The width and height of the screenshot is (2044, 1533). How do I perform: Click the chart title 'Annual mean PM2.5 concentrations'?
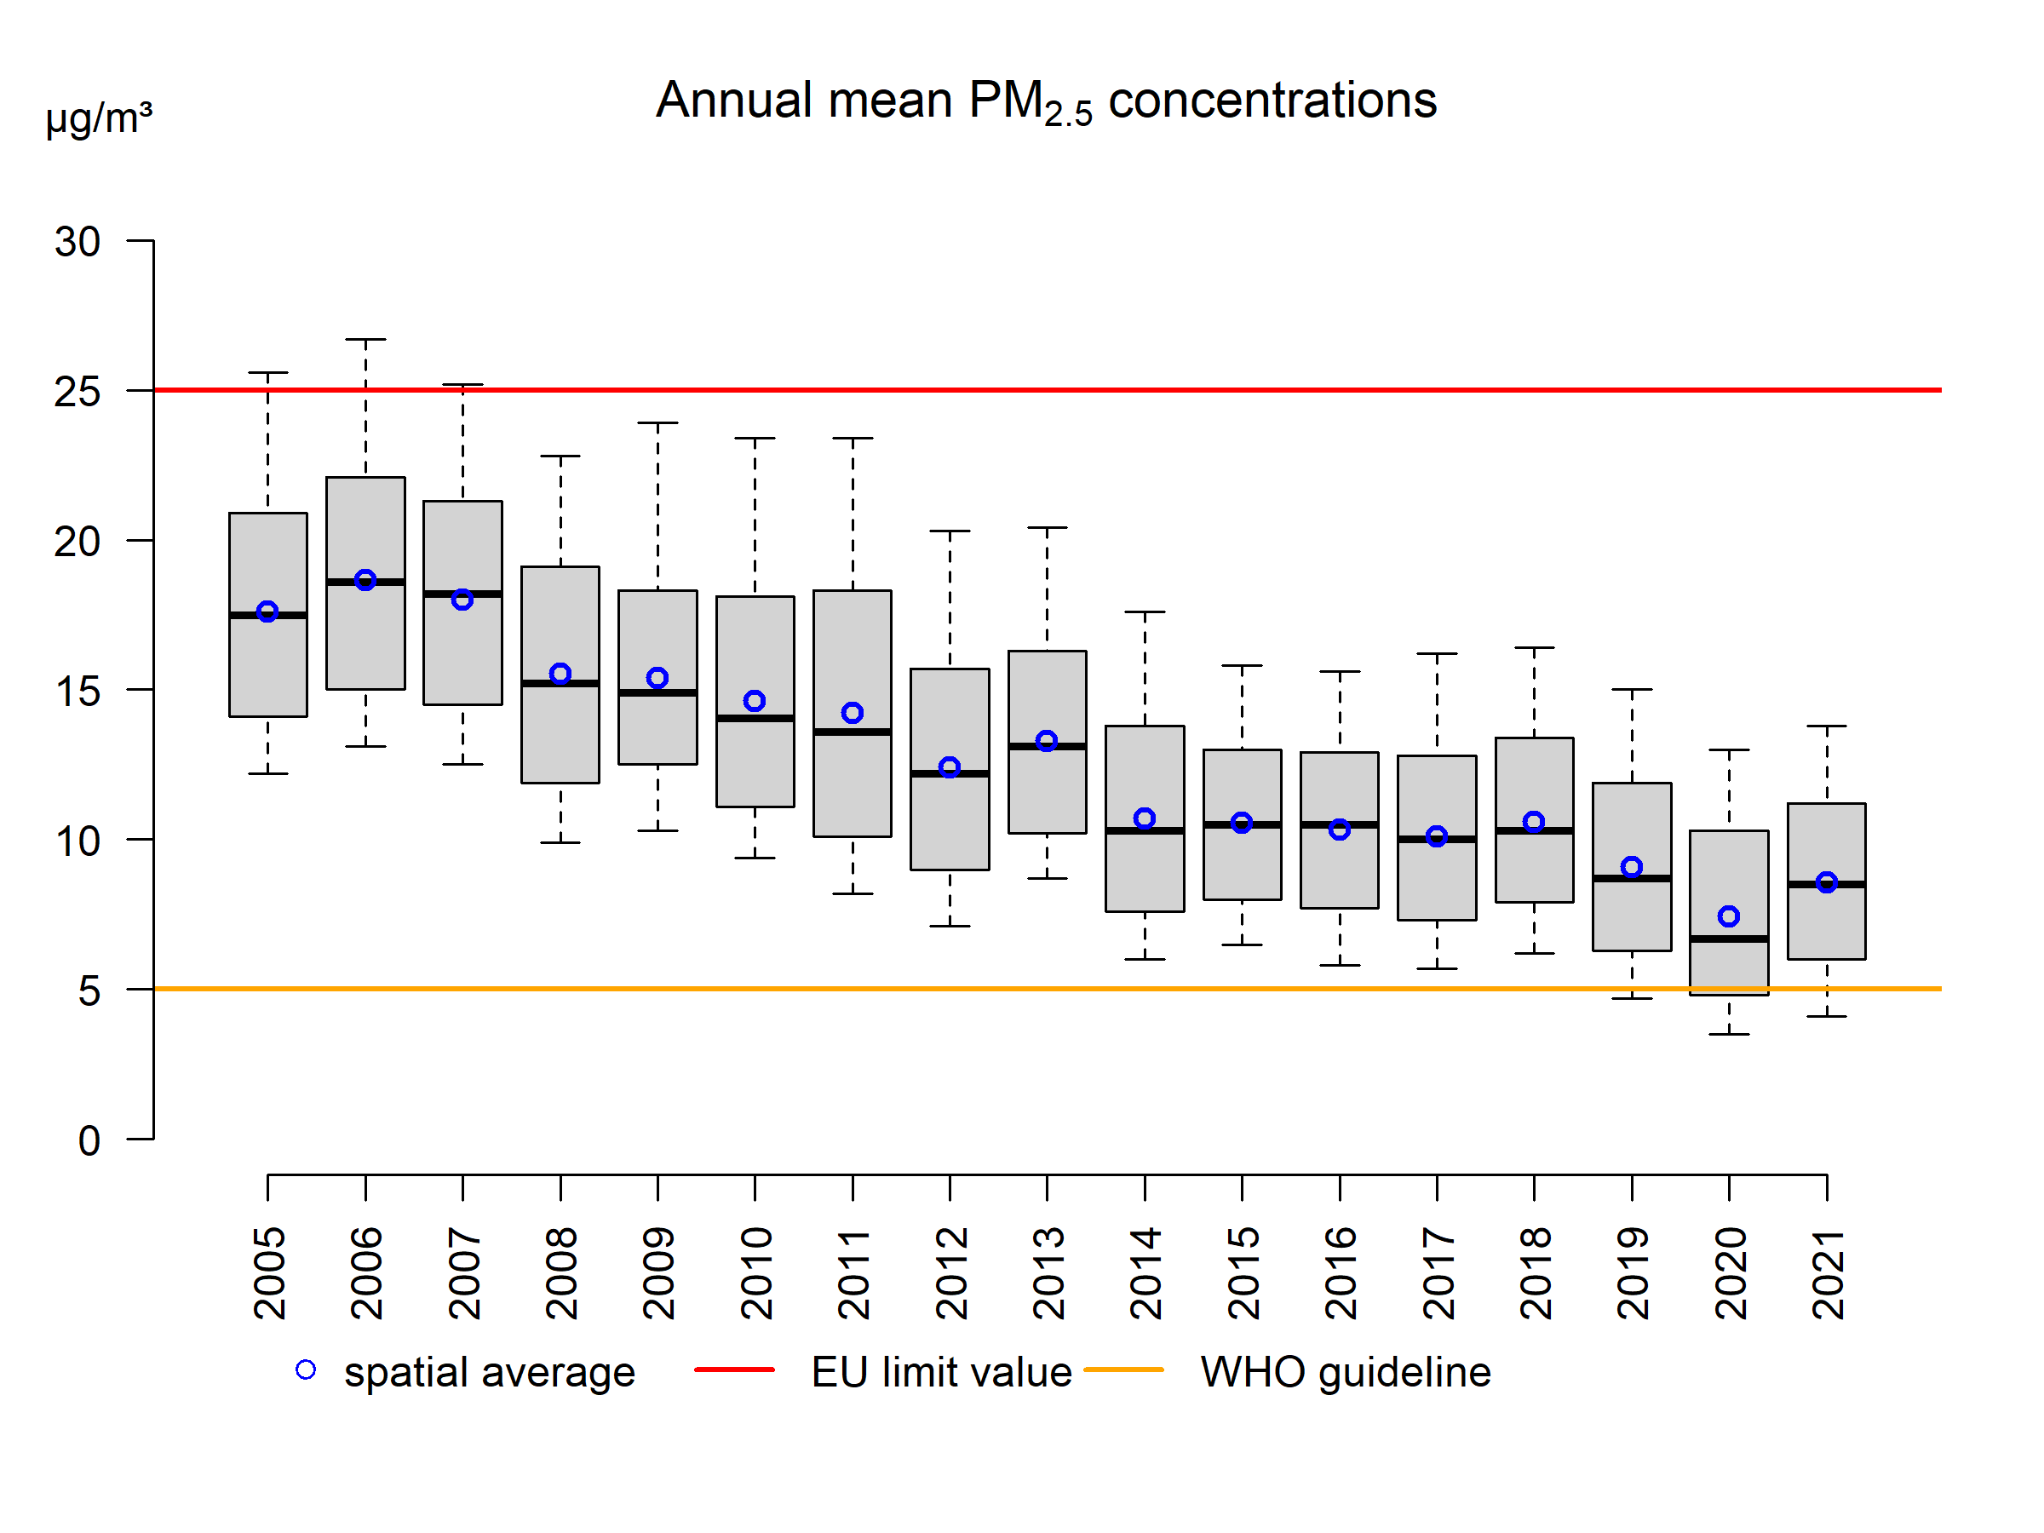[x=1045, y=100]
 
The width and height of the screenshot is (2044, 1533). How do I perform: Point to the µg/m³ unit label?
[x=99, y=118]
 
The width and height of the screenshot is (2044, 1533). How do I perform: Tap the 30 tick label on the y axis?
[x=78, y=242]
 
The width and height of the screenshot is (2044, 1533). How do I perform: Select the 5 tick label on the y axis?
[x=89, y=991]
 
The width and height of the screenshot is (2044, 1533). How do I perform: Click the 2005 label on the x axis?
[x=269, y=1272]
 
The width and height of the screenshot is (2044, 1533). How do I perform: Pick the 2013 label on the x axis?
[x=1048, y=1272]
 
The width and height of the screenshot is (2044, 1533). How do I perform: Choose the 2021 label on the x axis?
[x=1828, y=1272]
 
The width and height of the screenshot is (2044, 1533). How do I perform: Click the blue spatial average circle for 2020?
[x=1729, y=916]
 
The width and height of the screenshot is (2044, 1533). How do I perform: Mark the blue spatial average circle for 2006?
[x=365, y=580]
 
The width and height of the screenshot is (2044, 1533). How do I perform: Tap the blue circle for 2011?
[x=852, y=713]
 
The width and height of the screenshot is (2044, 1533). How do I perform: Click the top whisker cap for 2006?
[x=365, y=339]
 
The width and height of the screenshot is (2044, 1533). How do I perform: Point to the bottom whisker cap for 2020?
[x=1729, y=1034]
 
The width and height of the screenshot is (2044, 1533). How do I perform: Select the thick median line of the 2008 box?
[x=560, y=684]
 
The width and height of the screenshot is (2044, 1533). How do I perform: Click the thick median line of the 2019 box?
[x=1632, y=879]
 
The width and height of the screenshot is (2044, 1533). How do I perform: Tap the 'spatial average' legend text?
[x=490, y=1372]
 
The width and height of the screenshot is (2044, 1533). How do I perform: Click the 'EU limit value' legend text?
[x=941, y=1372]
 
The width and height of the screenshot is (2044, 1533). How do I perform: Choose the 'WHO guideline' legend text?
[x=1346, y=1372]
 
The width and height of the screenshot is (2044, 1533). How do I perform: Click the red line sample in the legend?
[x=735, y=1369]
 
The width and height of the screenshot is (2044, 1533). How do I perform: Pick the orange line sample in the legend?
[x=1123, y=1369]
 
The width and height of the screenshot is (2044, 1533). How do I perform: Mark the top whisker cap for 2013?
[x=1047, y=528]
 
